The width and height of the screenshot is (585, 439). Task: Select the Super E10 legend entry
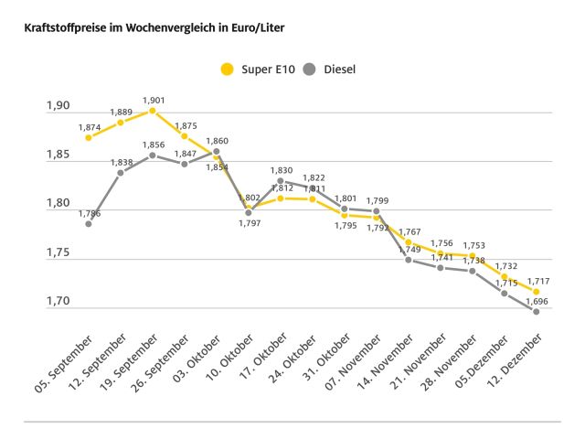pos(264,69)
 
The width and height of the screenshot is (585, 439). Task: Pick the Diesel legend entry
pos(330,69)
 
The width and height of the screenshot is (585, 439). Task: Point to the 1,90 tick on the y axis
pos(58,106)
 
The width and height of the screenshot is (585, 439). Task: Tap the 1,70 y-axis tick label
pos(58,301)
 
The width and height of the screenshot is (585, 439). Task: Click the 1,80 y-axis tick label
pos(58,203)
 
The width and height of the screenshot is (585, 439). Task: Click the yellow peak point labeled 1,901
pos(153,111)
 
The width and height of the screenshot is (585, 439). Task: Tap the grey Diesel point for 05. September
pos(89,223)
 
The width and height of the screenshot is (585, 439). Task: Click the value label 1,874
pos(90,127)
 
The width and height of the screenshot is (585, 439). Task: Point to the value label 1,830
pos(281,170)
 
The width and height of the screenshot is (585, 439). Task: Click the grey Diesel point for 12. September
pos(121,172)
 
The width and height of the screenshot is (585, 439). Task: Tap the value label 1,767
pos(409,231)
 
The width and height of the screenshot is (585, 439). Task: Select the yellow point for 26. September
pos(185,135)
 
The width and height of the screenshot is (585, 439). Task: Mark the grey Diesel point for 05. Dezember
pos(504,293)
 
